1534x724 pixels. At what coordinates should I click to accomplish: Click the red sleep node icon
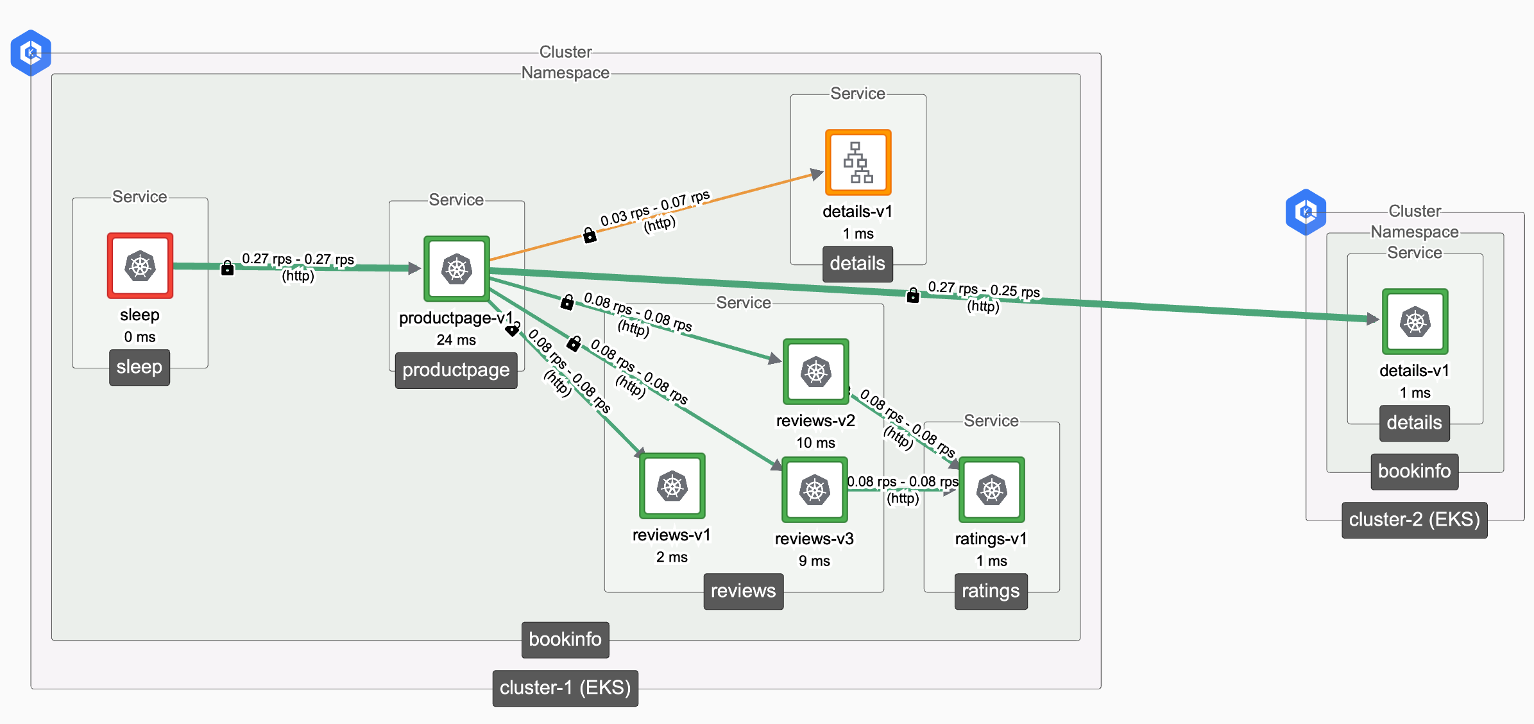coord(140,266)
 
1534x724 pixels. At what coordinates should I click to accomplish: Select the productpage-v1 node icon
coord(456,269)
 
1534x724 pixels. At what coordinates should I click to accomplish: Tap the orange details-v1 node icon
coord(858,162)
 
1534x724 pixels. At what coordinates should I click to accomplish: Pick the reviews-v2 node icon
coord(815,372)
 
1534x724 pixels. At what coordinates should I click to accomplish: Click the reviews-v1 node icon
coord(672,486)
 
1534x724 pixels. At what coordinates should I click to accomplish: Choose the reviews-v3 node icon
coord(814,490)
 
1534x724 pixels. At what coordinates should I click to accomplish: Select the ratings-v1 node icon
coord(991,490)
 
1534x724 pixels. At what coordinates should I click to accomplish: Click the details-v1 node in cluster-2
coord(1415,322)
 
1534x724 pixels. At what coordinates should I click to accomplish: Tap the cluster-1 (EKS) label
coord(565,688)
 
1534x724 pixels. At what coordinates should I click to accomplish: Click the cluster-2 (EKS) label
coord(1414,520)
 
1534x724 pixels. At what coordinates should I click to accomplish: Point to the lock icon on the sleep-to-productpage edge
coord(227,268)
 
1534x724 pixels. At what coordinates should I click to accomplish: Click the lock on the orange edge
coord(589,236)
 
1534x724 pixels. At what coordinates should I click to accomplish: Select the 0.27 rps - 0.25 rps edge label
coord(984,289)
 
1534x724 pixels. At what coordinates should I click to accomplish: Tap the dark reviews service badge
coord(743,591)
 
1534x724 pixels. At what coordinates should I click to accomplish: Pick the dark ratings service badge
coord(991,591)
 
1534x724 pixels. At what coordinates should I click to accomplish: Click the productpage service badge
coord(456,370)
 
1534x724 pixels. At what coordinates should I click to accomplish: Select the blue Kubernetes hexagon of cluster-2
coord(1306,212)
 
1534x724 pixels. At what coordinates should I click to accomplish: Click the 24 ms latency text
coord(456,340)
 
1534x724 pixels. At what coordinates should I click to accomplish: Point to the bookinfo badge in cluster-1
coord(565,639)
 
